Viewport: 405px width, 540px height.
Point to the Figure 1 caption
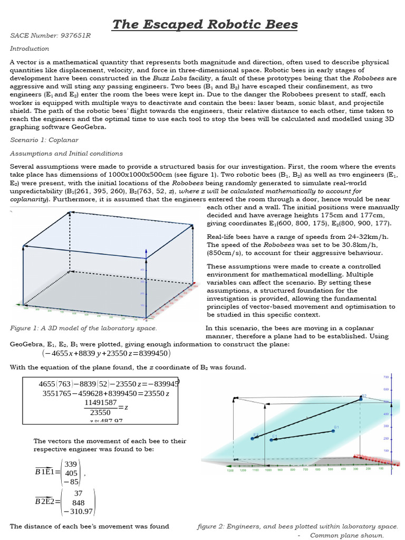pos(83,328)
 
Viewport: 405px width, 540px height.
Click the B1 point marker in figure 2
pos(333,431)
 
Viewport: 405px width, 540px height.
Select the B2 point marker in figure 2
pos(361,399)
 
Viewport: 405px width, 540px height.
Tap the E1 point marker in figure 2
pos(253,438)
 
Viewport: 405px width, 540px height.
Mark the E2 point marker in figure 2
pos(271,439)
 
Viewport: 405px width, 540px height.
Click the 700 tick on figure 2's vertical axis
pos(385,378)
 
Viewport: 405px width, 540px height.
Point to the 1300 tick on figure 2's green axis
pos(230,470)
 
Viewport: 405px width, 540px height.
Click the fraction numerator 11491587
pos(100,403)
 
